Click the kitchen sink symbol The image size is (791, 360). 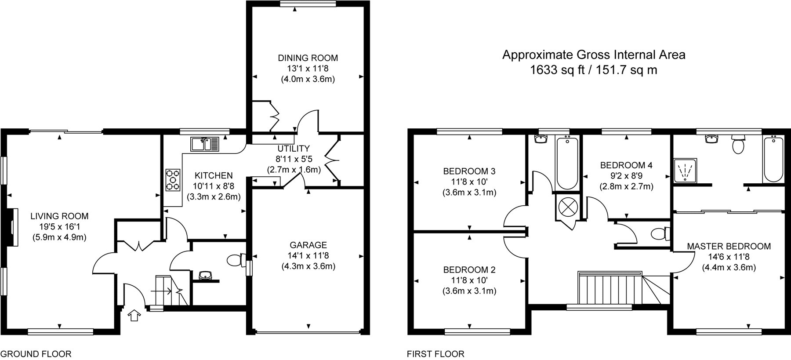[205, 144]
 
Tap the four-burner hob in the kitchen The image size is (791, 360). [173, 180]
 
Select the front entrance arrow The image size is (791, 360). [134, 316]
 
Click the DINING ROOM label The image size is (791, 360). [308, 58]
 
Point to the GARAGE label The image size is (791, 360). [308, 245]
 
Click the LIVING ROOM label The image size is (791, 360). [59, 216]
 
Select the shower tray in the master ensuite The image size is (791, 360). [685, 170]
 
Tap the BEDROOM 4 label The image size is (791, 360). [626, 165]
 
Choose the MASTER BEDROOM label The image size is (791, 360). [729, 246]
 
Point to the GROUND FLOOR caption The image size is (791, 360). [36, 354]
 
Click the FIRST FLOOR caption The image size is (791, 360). [435, 354]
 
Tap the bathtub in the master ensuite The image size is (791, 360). [774, 159]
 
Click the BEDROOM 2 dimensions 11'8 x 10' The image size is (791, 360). [469, 280]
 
